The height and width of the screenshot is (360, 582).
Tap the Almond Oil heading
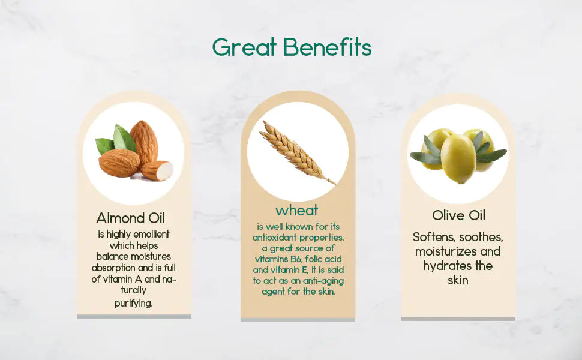click(130, 218)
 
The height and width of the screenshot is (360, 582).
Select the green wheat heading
click(297, 211)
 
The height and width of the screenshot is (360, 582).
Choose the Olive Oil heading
click(458, 215)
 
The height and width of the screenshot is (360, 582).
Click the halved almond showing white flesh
click(158, 170)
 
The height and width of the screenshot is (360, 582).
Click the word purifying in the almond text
click(134, 303)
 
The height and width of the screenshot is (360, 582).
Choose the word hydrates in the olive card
click(443, 266)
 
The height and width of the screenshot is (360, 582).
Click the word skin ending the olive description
click(458, 280)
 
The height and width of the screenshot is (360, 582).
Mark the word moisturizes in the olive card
click(445, 251)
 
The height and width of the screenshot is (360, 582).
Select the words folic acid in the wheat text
click(325, 259)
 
